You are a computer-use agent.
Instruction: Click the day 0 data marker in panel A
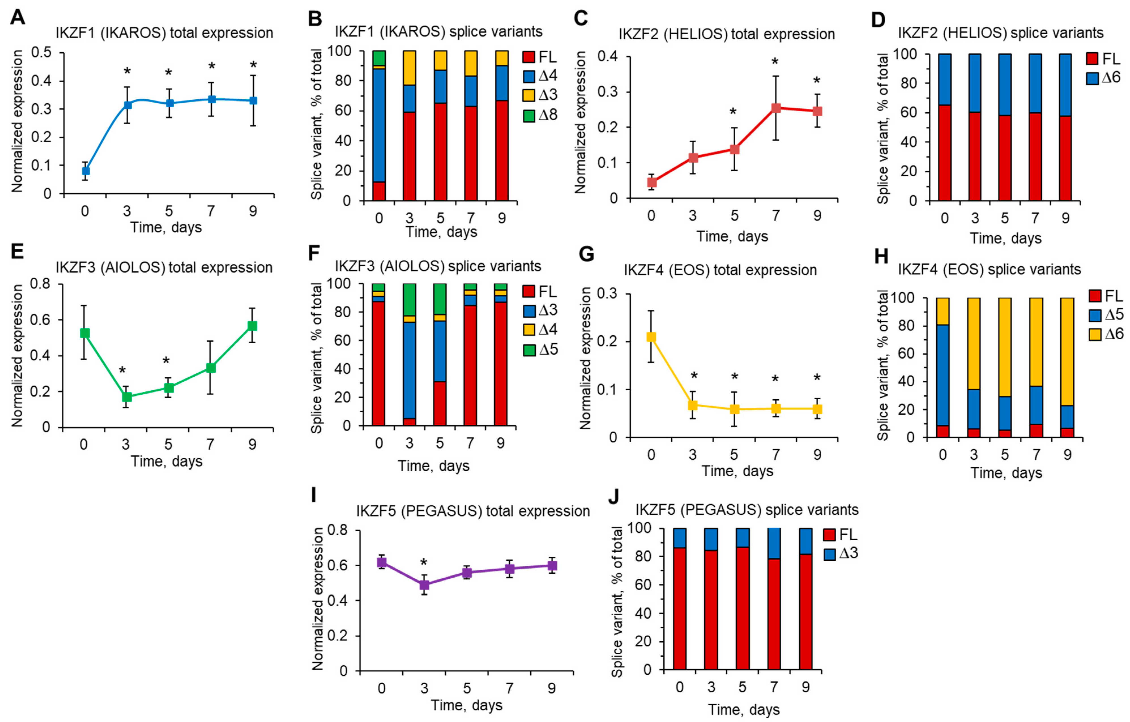[x=86, y=171]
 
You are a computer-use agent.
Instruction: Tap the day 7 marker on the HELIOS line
[x=776, y=108]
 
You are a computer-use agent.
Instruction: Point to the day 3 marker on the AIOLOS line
[x=126, y=397]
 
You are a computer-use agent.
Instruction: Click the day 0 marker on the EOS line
[x=651, y=337]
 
